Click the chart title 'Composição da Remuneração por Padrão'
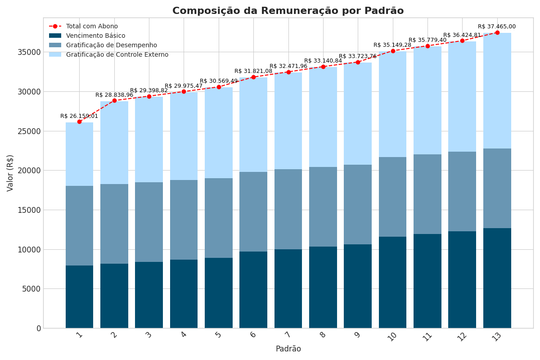click(x=288, y=11)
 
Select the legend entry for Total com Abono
click(x=92, y=27)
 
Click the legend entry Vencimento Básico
click(x=95, y=36)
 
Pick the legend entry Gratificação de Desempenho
click(x=111, y=45)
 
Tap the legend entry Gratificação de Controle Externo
click(x=117, y=55)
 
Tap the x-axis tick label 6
click(x=253, y=335)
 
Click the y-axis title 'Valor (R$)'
click(x=10, y=173)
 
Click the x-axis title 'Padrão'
click(x=288, y=349)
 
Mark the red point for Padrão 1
click(x=79, y=121)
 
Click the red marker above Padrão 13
click(x=497, y=32)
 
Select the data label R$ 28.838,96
click(x=114, y=95)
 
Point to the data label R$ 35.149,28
click(x=392, y=45)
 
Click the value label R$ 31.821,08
click(x=253, y=71)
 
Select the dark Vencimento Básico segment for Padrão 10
click(x=392, y=282)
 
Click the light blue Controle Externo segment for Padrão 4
click(x=184, y=136)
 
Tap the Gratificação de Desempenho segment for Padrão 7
click(x=288, y=209)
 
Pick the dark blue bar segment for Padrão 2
click(x=114, y=296)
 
